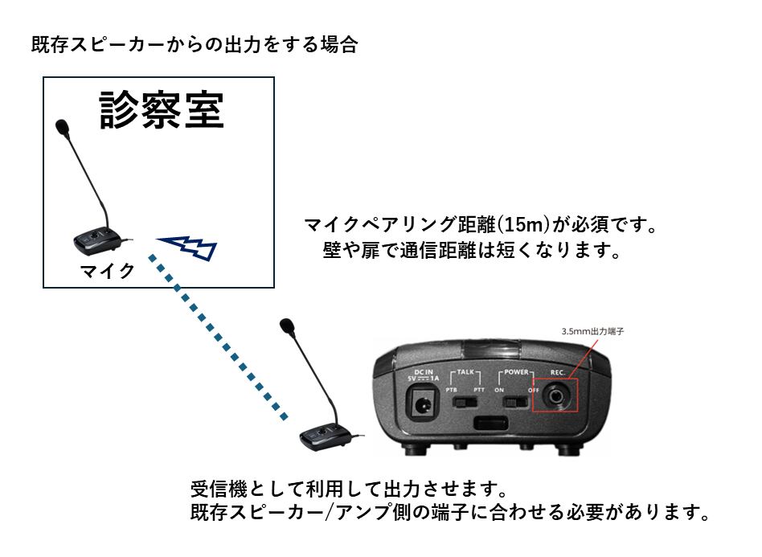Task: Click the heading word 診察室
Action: [162, 110]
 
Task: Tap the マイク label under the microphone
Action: [108, 271]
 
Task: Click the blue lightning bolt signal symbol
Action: [187, 247]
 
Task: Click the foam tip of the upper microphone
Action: [63, 127]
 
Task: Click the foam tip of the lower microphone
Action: [288, 326]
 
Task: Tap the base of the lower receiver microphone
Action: [325, 436]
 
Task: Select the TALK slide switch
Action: [465, 403]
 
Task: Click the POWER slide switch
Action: [515, 403]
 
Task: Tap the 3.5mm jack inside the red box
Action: [555, 395]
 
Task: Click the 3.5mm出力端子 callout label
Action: [592, 331]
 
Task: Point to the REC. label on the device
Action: [557, 372]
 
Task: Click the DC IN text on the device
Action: [424, 372]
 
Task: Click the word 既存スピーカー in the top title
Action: [97, 45]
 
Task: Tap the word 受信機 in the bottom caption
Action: [219, 489]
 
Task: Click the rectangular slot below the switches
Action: [491, 423]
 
